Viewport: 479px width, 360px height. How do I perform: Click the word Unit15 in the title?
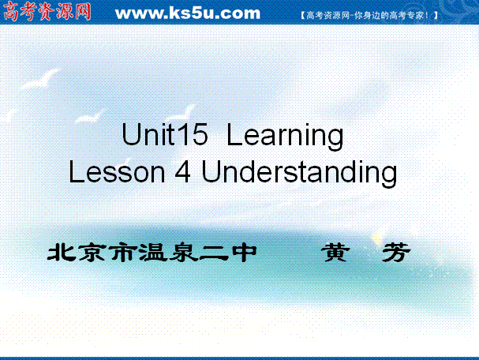pos(165,134)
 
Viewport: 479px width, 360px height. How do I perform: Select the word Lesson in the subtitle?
pos(117,172)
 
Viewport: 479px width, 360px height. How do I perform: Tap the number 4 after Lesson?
pos(182,171)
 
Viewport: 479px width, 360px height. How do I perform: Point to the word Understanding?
pos(299,173)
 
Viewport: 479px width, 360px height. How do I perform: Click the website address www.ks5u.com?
pos(188,13)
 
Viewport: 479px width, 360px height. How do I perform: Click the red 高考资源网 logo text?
pos(47,11)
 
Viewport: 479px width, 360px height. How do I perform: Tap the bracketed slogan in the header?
pos(369,15)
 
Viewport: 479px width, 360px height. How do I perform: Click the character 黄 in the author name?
pos(335,253)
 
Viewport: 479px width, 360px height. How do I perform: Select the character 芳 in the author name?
pos(396,253)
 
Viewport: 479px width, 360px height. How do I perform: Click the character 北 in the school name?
pos(62,253)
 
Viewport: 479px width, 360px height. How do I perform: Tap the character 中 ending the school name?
pos(245,253)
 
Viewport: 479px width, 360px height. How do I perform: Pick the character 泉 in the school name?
pos(184,253)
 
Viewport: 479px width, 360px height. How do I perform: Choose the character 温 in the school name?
pos(153,253)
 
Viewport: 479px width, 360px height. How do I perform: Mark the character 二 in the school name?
pos(215,253)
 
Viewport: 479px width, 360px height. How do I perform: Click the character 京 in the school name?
pos(92,253)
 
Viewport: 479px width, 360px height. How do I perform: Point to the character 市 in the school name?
pos(123,253)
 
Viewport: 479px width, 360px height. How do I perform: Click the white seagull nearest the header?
pos(40,80)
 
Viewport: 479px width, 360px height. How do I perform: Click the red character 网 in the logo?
pos(82,11)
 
